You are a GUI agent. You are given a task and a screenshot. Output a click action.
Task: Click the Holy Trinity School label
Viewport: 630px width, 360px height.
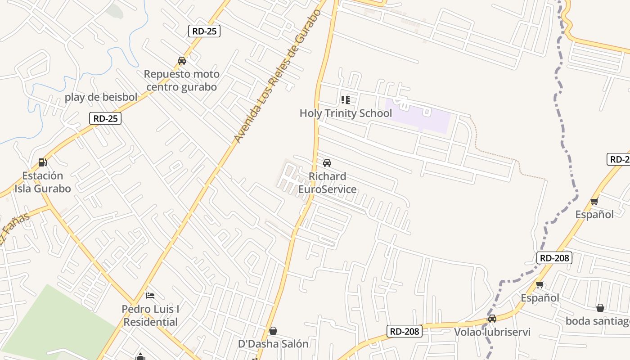point(346,113)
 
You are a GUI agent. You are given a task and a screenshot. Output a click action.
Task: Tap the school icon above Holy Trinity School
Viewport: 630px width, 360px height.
point(345,100)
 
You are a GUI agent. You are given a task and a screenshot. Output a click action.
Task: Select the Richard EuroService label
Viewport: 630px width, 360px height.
point(328,183)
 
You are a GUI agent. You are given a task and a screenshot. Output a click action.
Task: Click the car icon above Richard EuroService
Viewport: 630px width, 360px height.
point(327,163)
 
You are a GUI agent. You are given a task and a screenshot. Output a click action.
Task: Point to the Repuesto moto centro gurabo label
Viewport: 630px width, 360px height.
point(181,81)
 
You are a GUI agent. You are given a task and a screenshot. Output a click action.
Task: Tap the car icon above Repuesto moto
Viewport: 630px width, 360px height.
point(182,61)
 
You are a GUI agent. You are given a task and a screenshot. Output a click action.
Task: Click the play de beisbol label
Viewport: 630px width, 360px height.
point(101,97)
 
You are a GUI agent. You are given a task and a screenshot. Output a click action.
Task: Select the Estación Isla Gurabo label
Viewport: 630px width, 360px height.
point(43,182)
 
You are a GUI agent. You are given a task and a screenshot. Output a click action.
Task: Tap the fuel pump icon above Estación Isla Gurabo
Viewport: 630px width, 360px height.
point(42,162)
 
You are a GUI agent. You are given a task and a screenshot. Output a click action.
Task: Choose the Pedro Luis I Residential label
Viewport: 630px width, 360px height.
point(151,315)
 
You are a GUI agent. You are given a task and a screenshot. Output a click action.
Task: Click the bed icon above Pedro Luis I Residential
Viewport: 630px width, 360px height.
point(150,296)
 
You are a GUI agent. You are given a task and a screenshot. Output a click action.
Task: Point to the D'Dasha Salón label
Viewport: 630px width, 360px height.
point(273,344)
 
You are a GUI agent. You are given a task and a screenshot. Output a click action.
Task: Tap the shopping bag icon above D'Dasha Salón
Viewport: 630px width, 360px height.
point(273,331)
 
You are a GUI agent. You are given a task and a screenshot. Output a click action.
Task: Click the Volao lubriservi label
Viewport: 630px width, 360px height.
point(492,332)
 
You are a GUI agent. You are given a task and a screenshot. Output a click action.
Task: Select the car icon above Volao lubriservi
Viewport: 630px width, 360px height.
point(492,319)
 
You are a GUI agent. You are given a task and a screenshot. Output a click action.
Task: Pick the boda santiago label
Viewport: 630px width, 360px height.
point(598,321)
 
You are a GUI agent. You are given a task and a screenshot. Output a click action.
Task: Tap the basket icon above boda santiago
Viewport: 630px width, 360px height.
point(600,308)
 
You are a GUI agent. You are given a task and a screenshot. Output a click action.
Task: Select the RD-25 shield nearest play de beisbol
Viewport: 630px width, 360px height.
point(105,118)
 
